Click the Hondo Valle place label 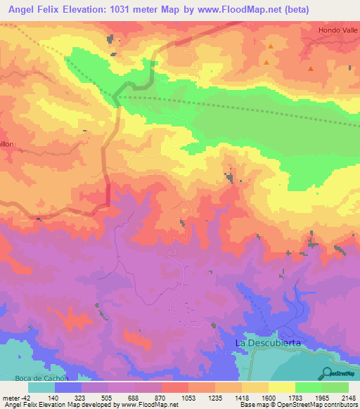(338, 30)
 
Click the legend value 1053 (188, 397)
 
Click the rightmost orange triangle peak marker (310, 69)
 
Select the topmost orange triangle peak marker (270, 46)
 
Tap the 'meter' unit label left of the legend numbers (12, 397)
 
